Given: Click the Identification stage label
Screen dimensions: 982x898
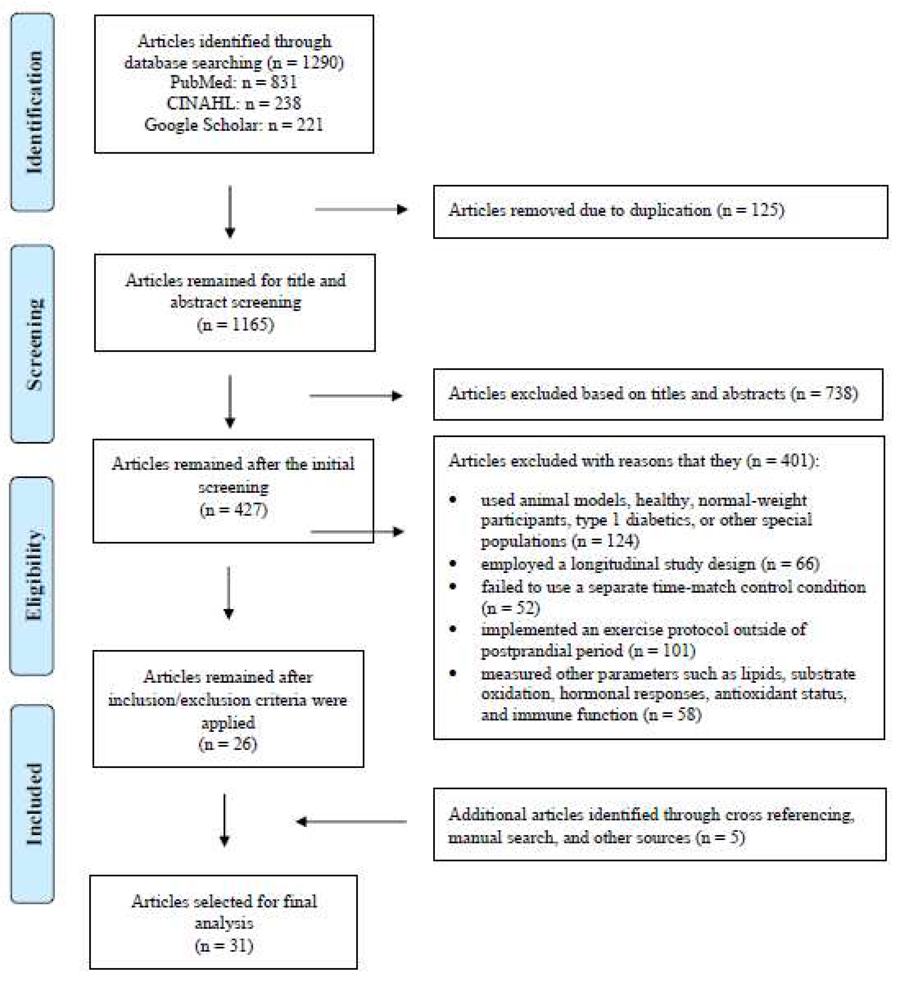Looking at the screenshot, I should tap(33, 112).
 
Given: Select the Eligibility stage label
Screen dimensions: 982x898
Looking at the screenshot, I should tap(33, 576).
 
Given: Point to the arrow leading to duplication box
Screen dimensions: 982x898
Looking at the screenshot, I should tap(361, 209).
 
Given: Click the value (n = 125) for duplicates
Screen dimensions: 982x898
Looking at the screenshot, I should tap(751, 210).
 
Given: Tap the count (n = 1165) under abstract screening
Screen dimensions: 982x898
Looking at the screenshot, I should tap(235, 324).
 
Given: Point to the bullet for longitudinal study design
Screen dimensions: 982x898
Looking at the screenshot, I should tap(453, 564).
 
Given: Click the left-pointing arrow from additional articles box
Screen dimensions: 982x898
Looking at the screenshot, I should tap(351, 822).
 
